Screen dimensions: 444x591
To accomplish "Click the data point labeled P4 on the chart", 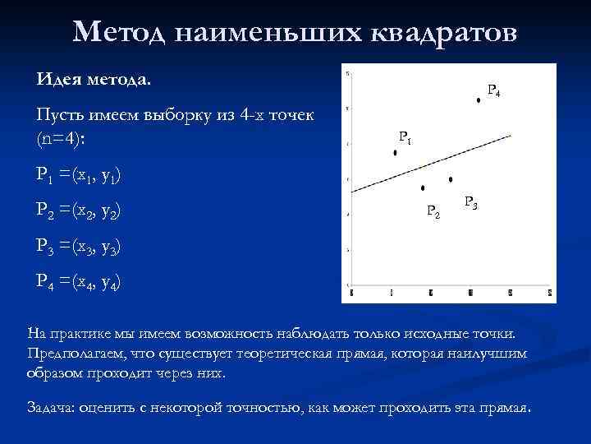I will (478, 100).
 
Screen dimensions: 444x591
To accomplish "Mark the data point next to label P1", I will (396, 152).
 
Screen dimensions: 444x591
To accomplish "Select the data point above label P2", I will (423, 188).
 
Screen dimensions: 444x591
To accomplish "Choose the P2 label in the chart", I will (434, 212).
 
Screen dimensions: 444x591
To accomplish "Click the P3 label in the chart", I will (471, 201).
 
